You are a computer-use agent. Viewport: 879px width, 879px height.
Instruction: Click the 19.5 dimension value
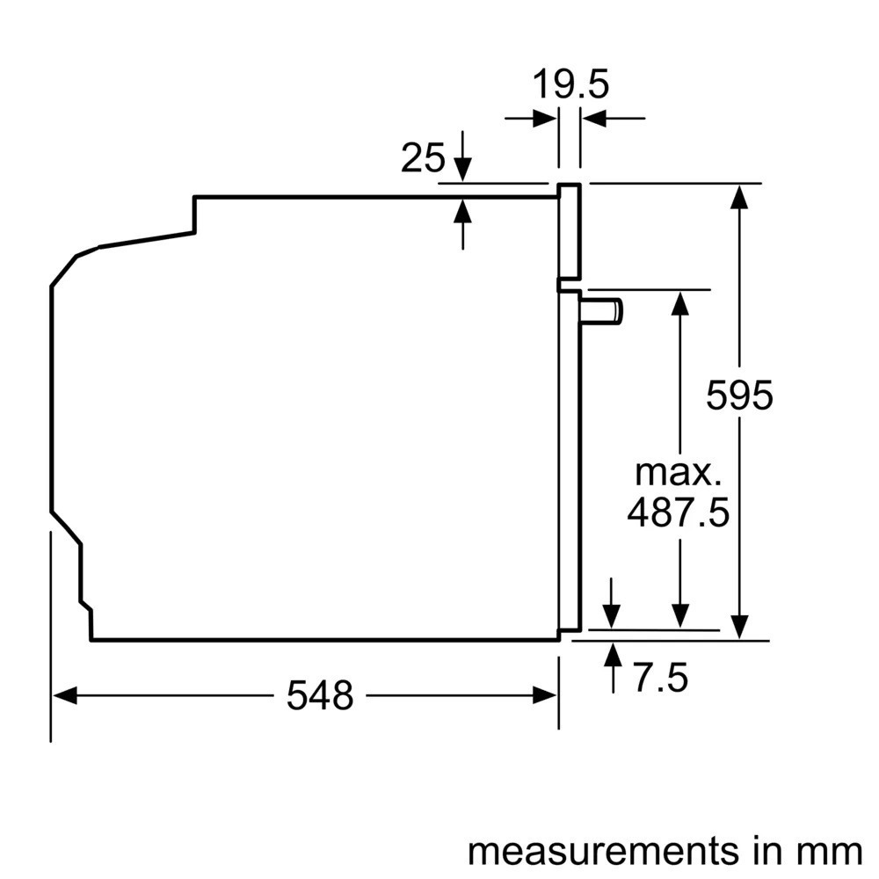point(570,85)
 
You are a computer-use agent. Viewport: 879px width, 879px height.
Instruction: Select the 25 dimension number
point(423,158)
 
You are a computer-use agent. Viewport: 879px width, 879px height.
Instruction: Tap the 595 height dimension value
point(739,396)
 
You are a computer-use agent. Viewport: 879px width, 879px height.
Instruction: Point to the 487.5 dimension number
point(678,512)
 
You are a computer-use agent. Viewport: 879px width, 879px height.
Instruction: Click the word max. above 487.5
point(678,473)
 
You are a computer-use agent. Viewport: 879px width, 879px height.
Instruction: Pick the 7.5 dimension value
point(659,678)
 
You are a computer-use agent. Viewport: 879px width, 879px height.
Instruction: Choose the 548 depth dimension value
point(320,696)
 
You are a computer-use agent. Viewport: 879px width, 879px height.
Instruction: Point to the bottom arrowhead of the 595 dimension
point(740,628)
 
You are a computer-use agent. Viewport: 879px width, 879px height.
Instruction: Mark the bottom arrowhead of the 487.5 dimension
point(679,618)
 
